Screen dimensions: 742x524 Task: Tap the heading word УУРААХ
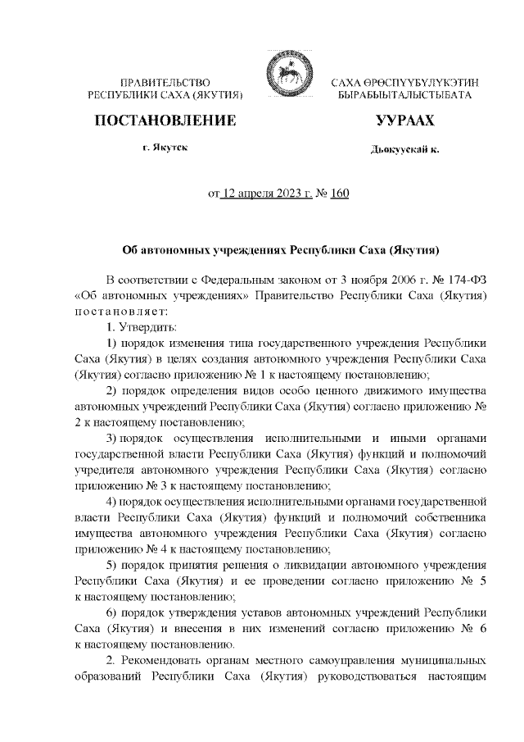point(404,121)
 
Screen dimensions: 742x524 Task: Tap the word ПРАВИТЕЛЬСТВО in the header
point(166,84)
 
